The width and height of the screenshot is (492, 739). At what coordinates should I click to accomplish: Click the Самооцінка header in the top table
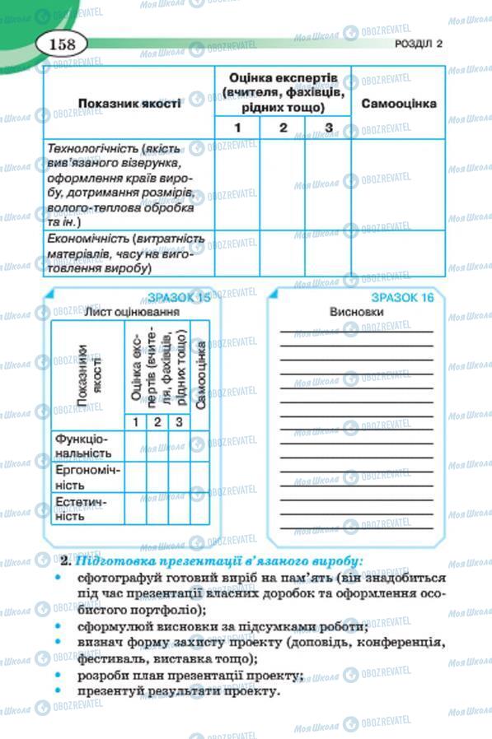tap(399, 105)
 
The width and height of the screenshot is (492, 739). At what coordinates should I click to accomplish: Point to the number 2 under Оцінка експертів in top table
tap(282, 128)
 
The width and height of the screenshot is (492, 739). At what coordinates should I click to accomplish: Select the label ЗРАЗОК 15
tap(178, 298)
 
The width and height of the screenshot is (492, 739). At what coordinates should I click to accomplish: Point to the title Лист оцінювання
tap(132, 313)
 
